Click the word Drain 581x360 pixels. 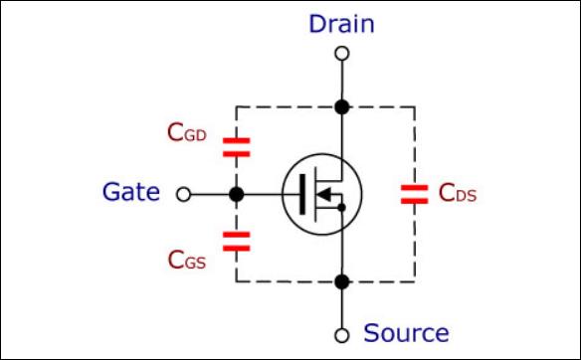341,24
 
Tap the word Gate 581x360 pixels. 131,192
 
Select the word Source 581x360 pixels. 406,333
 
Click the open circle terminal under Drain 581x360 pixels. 341,54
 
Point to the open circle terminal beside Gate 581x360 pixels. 183,194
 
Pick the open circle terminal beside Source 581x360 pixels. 341,335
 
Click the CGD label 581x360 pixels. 187,132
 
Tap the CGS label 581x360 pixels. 187,260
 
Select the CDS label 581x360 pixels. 458,193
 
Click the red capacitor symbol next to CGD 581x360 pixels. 237,147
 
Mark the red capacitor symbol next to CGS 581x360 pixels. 237,242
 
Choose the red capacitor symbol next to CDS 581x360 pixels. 415,195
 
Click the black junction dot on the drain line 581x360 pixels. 341,107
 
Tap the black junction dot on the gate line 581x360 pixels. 237,194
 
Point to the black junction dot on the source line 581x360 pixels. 341,281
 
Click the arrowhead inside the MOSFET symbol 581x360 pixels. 324,194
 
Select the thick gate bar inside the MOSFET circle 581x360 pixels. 302,194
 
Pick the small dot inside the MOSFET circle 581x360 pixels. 341,208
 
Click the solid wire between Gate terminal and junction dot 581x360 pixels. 210,194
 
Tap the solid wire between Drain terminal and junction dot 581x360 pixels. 341,80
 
